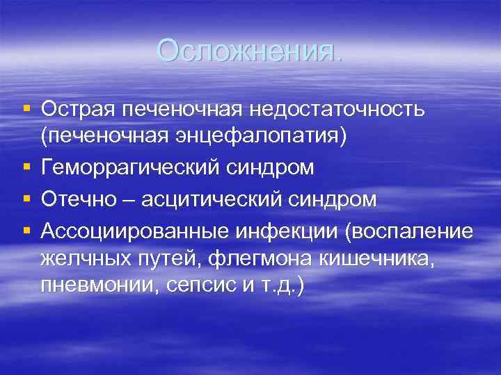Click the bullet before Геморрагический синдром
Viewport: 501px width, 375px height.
coord(26,168)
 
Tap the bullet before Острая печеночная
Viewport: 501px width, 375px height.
coord(26,108)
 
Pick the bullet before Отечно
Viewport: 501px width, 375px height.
coord(26,199)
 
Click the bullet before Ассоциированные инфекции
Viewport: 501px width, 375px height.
coord(26,231)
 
